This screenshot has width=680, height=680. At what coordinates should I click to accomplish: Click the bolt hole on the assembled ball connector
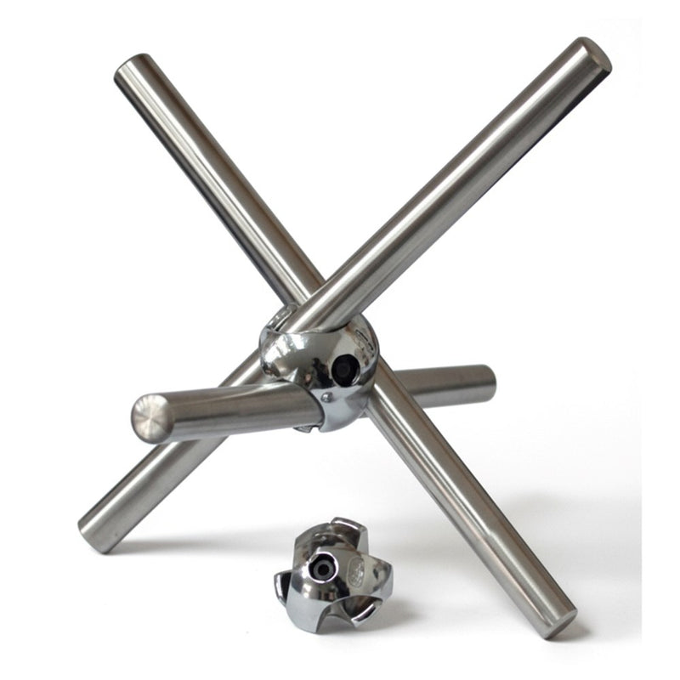(x=343, y=369)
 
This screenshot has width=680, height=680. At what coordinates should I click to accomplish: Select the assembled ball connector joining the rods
(x=320, y=365)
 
